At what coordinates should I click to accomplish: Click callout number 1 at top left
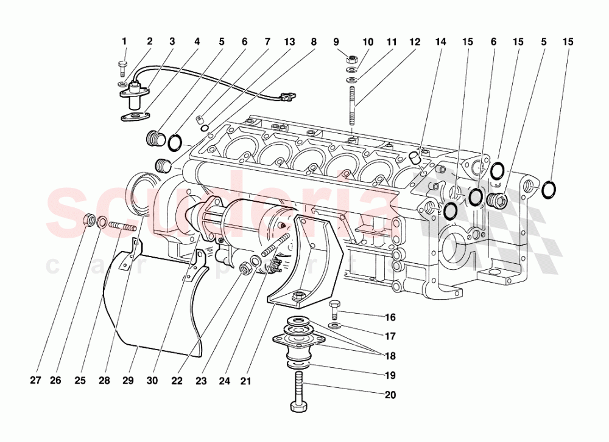coord(124,42)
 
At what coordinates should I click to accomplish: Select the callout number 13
coord(289,42)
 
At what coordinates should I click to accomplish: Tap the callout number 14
coord(440,42)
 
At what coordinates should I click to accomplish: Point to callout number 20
coord(390,395)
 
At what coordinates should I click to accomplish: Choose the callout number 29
coord(127,381)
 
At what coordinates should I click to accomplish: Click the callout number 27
coord(36,381)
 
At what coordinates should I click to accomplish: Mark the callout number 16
coord(390,317)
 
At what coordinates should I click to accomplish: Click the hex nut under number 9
coord(352,60)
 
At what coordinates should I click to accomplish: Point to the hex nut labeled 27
coord(88,219)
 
